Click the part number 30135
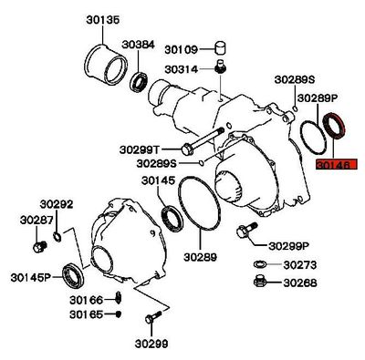coord(103,20)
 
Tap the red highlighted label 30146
coord(337,165)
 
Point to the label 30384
coord(139,45)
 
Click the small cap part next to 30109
coord(220,47)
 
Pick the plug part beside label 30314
coord(219,67)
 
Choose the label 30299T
coord(140,149)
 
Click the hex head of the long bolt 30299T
coord(186,149)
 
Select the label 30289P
coord(318,98)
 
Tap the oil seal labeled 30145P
coord(73,276)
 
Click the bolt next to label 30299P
coord(245,230)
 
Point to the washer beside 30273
coord(259,264)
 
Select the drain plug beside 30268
coord(260,282)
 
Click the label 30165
coord(87,314)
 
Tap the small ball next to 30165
coord(119,314)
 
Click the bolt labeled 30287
coord(39,246)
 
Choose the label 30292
coord(57,204)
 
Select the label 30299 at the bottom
coord(151,344)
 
